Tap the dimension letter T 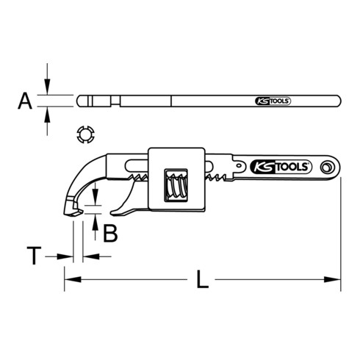[32, 256]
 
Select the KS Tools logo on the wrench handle [281, 166]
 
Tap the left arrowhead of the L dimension [69, 279]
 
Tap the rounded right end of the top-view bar [340, 101]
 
